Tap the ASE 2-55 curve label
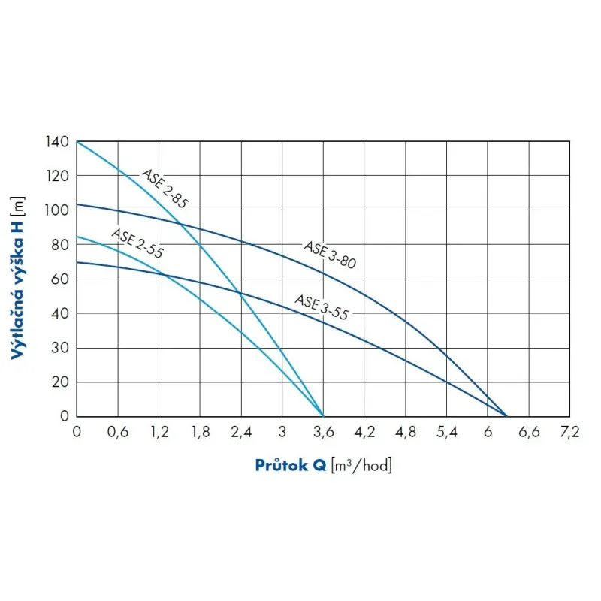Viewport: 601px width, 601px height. tap(137, 243)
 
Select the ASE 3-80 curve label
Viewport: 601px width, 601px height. tap(329, 255)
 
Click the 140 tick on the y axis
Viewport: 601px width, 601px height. tap(61, 142)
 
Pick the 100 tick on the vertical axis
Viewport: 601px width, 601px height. tap(61, 210)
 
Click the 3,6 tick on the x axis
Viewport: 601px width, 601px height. tap(323, 431)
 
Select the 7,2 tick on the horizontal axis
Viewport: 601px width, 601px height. tap(570, 431)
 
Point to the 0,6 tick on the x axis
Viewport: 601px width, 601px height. tap(118, 431)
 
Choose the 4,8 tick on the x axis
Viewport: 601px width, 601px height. tap(406, 431)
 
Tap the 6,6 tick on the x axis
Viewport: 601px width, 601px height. tap(529, 431)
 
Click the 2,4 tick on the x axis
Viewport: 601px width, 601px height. tap(241, 431)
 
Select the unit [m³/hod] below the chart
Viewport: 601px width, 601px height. tap(361, 465)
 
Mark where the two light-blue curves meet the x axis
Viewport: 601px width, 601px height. tap(323, 415)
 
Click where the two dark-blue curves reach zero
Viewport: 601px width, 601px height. tap(506, 415)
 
